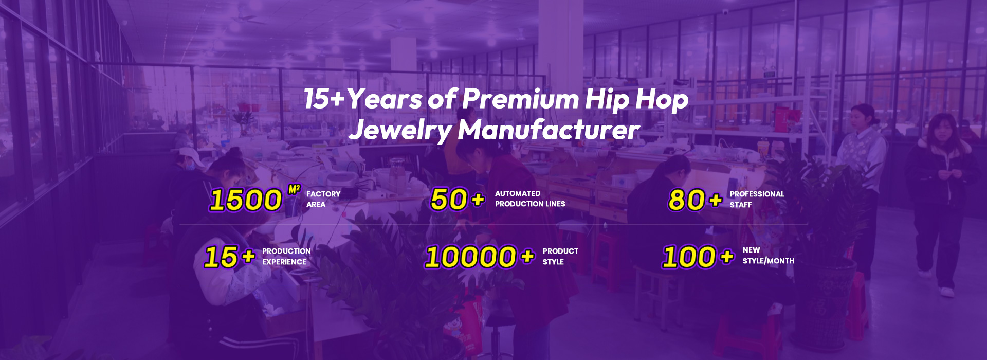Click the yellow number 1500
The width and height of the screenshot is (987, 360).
(x=246, y=200)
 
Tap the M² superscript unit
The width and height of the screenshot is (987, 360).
(x=294, y=190)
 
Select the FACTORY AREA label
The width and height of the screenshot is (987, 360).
(x=323, y=199)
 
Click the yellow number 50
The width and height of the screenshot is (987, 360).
(x=449, y=199)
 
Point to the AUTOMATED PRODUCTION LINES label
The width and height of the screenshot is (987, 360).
(x=530, y=199)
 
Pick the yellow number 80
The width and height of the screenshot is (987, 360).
(x=687, y=200)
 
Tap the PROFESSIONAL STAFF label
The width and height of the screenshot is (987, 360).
(x=757, y=200)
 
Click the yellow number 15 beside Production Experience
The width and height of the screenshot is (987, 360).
(x=221, y=257)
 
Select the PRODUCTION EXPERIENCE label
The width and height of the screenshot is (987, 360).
(x=286, y=257)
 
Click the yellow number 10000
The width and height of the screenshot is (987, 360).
(x=470, y=257)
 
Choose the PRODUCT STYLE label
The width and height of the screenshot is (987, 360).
(x=560, y=257)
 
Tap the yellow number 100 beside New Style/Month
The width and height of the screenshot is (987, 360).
(x=689, y=257)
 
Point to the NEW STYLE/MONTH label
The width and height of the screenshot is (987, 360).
(x=768, y=256)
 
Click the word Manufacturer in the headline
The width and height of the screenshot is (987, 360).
(x=549, y=130)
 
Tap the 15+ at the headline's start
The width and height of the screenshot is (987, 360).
(x=323, y=99)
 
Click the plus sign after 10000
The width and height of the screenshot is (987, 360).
(x=527, y=256)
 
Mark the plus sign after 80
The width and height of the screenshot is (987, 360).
(x=716, y=199)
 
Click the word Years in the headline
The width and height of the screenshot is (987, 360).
(x=385, y=99)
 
